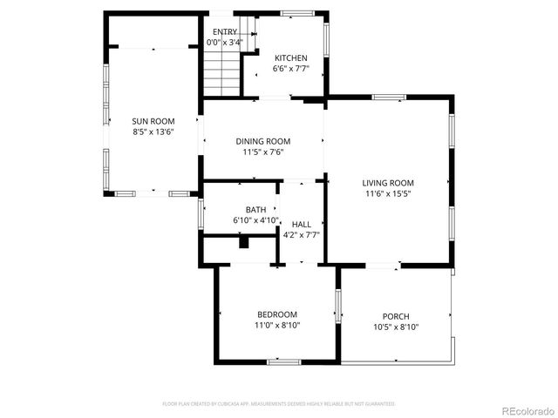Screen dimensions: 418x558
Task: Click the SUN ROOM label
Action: pos(153,121)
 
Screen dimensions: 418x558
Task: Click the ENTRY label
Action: pos(224,32)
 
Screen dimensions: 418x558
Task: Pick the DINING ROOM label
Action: pos(262,141)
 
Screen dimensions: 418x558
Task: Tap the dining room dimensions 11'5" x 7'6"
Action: pos(262,152)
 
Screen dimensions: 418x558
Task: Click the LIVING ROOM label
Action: pos(388,183)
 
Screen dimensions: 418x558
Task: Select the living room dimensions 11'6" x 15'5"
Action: pos(388,194)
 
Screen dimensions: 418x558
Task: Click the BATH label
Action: pos(255,210)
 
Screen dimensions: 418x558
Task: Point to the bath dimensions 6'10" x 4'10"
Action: pos(255,221)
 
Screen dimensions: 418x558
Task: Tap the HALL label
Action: pos(301,224)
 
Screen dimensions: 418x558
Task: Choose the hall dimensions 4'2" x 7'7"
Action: pos(301,235)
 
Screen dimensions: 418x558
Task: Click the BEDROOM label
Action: pos(276,314)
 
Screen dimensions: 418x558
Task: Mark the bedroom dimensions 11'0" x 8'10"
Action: pos(276,326)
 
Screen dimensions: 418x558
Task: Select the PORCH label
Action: pos(395,316)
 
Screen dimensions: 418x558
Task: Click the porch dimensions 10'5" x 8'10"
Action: pos(395,327)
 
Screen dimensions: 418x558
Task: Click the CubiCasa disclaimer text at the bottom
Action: pos(279,404)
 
